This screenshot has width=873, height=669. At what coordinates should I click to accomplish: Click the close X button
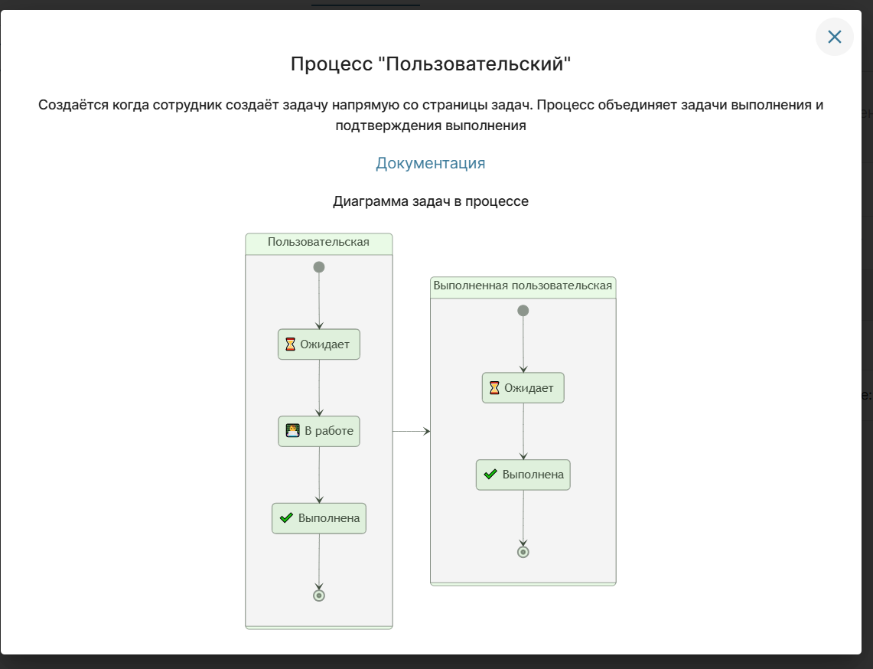834,37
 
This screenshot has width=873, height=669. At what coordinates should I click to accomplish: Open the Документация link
430,163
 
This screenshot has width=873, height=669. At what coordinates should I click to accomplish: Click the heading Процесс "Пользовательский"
430,64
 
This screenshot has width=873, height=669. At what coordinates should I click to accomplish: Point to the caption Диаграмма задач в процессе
430,202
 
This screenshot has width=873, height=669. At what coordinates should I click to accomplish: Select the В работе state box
319,431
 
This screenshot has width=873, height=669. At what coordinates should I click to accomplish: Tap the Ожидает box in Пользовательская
319,344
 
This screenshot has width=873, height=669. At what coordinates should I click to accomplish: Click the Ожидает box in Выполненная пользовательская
523,388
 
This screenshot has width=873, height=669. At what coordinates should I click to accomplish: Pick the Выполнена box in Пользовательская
319,518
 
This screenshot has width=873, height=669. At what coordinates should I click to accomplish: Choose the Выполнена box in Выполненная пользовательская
523,475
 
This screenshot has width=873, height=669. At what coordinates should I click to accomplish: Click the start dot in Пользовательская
319,267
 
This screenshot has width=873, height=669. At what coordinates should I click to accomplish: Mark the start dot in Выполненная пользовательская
523,311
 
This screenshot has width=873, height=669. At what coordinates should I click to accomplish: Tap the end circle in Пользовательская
319,596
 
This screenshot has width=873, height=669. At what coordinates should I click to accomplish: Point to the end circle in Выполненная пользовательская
523,552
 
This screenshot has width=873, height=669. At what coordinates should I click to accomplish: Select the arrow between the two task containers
412,432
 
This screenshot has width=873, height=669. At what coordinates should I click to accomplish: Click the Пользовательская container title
318,243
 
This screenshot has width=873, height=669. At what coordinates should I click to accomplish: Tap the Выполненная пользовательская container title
523,286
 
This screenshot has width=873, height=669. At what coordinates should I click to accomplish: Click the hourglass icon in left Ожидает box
290,344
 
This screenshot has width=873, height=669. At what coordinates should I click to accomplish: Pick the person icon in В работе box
292,431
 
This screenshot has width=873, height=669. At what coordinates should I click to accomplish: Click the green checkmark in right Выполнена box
491,475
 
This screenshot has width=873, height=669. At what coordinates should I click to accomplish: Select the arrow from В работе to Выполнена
319,475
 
